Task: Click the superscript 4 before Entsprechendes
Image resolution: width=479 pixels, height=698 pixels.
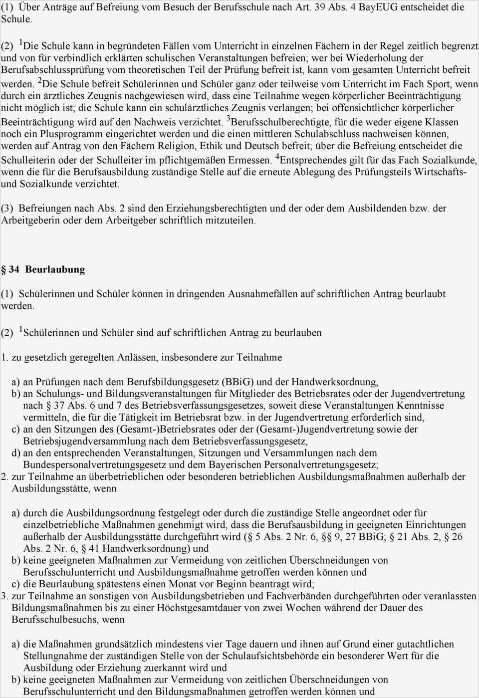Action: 277,158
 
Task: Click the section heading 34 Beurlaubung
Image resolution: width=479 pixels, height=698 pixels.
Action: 47,269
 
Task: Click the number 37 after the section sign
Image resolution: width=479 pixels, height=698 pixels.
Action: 59,406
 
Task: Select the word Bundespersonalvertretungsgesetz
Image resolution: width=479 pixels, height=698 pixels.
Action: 93,465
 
